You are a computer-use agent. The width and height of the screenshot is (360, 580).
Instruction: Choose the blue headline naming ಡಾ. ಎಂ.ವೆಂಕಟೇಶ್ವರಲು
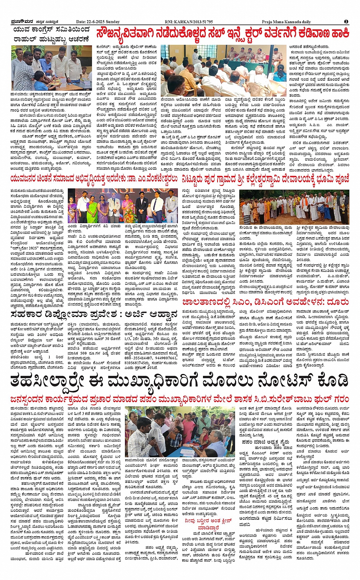pos(94,179)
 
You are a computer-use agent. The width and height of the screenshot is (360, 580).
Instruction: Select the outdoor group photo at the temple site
pos(294,207)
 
